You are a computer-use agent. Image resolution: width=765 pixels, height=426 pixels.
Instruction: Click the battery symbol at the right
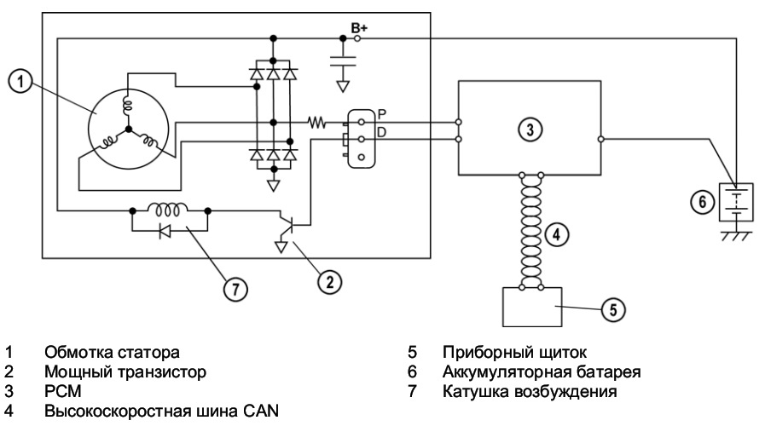coord(733,201)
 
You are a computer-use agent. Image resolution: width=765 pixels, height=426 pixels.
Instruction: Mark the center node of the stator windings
coord(129,130)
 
